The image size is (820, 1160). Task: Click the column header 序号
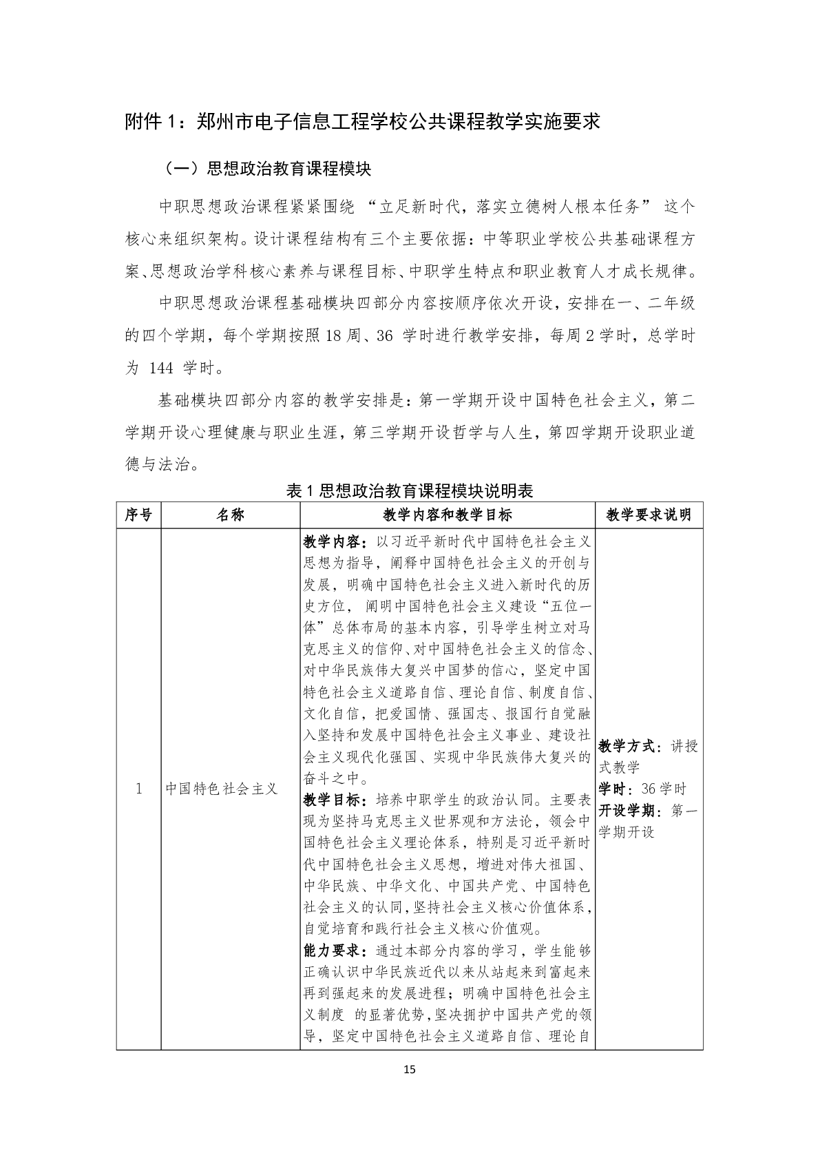click(138, 515)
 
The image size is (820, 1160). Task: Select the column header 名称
click(230, 515)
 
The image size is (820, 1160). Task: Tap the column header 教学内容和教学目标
click(447, 515)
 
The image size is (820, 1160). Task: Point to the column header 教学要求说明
click(649, 515)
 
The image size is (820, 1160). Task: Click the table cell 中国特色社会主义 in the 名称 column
click(221, 789)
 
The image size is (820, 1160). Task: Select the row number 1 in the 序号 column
click(138, 789)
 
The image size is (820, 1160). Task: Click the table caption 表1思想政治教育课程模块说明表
click(410, 490)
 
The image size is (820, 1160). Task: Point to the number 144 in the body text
click(160, 368)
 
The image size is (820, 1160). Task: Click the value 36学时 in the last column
click(664, 789)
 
